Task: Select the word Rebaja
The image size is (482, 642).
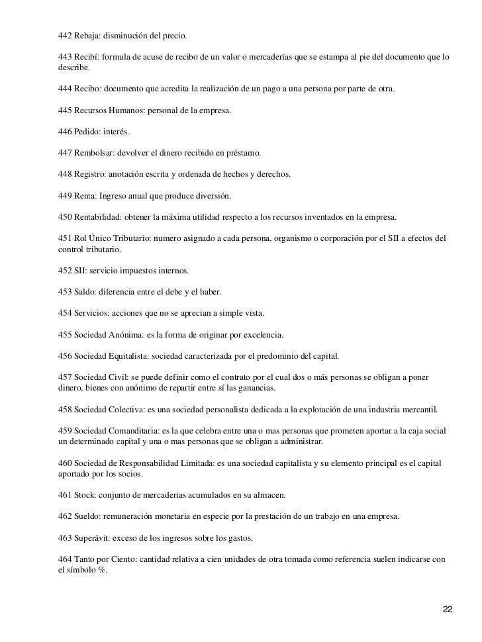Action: pos(89,33)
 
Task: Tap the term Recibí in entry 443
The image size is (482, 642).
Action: pos(88,58)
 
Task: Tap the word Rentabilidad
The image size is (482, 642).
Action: pos(101,216)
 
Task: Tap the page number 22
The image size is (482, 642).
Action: pos(448,608)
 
